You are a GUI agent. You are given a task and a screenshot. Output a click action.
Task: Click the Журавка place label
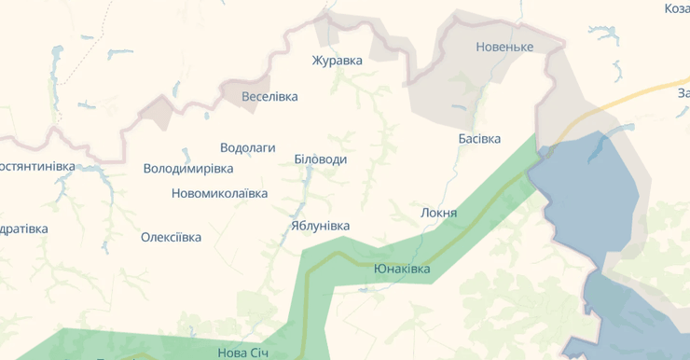click(337, 61)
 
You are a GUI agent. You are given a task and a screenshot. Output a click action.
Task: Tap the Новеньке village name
click(504, 47)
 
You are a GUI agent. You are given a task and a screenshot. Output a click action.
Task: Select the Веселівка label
click(269, 96)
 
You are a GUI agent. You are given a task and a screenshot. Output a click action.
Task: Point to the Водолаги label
click(248, 147)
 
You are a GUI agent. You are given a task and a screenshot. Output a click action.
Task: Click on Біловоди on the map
click(320, 159)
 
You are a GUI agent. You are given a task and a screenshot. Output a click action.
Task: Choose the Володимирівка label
click(188, 169)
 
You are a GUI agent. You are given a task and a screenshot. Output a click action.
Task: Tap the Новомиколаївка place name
click(219, 193)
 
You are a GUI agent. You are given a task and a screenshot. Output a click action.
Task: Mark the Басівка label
click(479, 139)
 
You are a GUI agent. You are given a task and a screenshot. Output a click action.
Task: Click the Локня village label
click(439, 213)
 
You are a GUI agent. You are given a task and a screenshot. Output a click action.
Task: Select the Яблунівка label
click(320, 226)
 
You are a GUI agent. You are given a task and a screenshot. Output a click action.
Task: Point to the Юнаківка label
click(402, 269)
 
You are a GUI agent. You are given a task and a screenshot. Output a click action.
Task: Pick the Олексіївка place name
click(171, 237)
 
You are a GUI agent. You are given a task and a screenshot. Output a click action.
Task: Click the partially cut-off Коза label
click(676, 8)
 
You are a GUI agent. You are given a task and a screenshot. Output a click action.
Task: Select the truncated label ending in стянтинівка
click(37, 166)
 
